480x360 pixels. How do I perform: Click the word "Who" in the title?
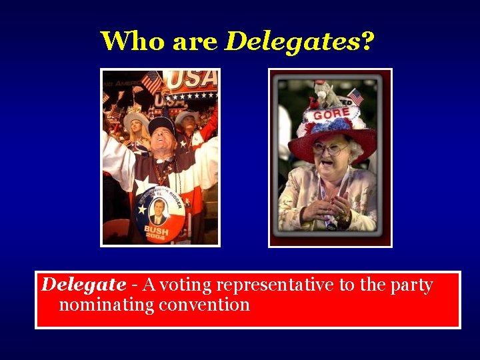[x=133, y=41]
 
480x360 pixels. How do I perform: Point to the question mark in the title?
[x=367, y=41]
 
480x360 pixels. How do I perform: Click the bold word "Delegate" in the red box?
[x=83, y=285]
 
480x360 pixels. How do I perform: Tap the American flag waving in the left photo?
[x=152, y=82]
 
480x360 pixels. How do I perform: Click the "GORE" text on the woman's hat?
[x=331, y=114]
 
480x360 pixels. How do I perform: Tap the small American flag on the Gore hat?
[x=355, y=97]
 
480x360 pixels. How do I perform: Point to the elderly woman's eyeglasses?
[x=329, y=149]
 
